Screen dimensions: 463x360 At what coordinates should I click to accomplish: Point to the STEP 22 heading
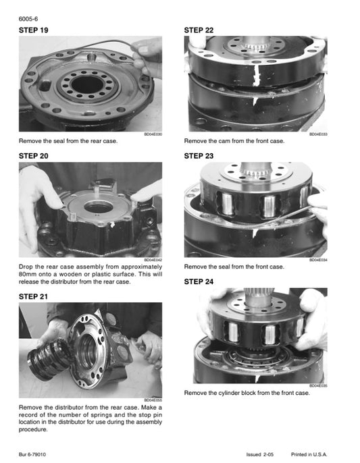click(199, 31)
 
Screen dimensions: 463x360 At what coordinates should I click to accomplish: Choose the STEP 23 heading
click(199, 156)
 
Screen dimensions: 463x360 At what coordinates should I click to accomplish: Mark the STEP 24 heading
click(199, 281)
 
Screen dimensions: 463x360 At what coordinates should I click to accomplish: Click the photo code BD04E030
click(153, 134)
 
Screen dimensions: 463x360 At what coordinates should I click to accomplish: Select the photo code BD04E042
click(153, 259)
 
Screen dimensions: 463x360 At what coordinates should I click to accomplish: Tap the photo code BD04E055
click(153, 400)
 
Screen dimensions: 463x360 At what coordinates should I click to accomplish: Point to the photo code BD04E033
click(318, 134)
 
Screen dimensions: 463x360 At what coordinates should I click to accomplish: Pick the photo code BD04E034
click(318, 259)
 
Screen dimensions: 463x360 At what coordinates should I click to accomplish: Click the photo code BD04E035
click(318, 385)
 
